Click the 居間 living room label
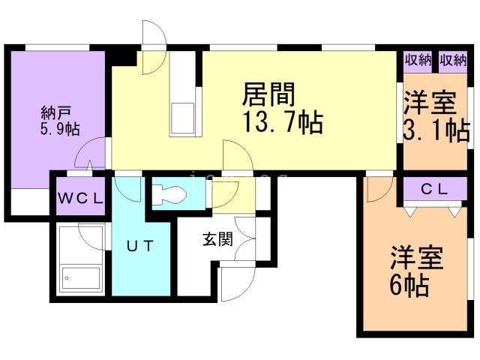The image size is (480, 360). point(269,95)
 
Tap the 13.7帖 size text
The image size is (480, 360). point(283,121)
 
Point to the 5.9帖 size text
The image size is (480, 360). point(60,130)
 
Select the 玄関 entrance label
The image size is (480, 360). point(217,240)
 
